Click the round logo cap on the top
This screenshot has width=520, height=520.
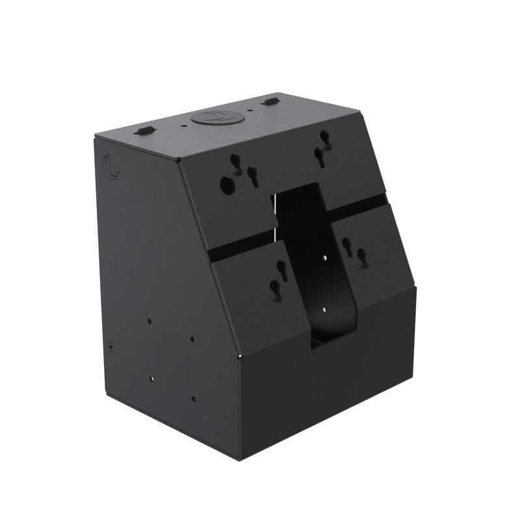tap(218, 118)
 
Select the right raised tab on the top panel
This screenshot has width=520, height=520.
tap(270, 101)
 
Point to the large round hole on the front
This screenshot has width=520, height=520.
tap(227, 185)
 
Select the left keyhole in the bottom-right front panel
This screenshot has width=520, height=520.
tap(347, 244)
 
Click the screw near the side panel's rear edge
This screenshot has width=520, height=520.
tap(111, 347)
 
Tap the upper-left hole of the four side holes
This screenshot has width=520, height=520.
tap(149, 321)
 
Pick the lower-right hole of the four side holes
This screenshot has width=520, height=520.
tap(193, 398)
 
